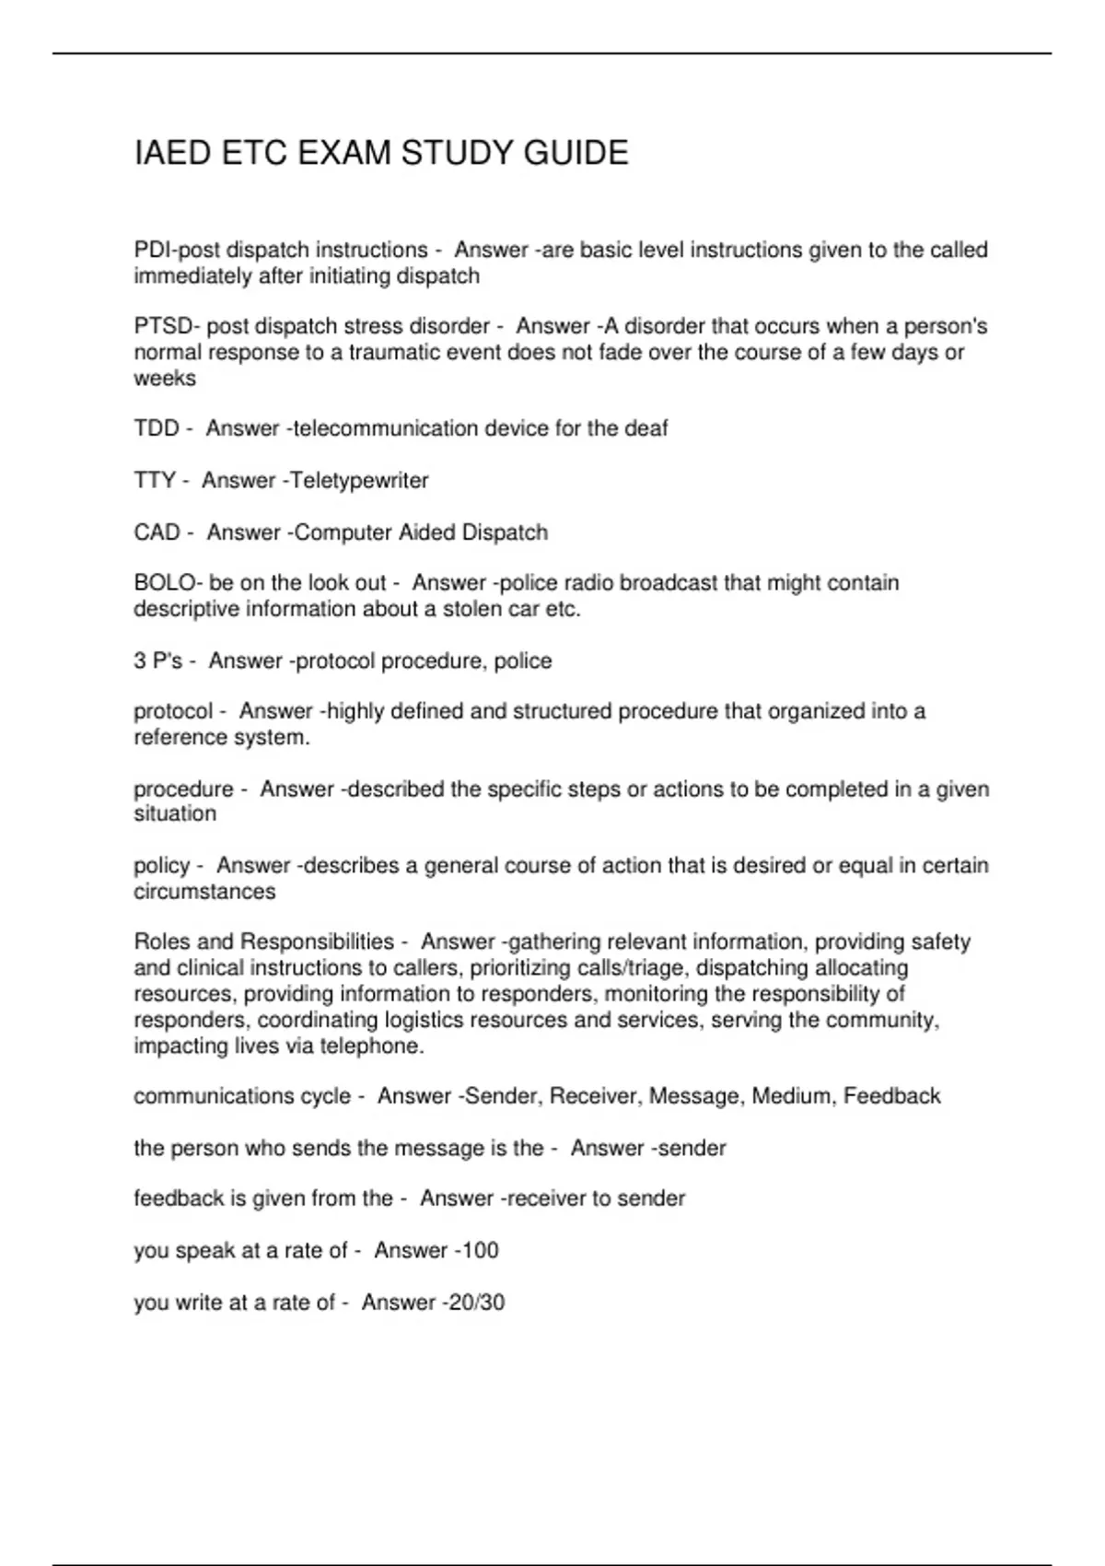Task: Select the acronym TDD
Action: [157, 428]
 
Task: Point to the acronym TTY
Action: [155, 480]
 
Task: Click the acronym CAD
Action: [157, 532]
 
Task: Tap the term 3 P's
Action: [158, 661]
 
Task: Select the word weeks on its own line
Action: [165, 379]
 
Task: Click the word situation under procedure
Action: [175, 814]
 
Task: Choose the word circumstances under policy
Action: [204, 892]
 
